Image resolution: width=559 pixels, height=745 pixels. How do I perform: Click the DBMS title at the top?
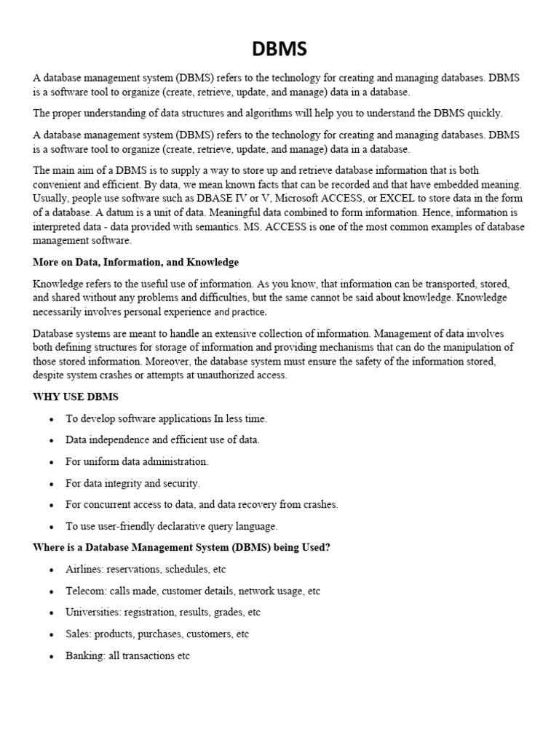(x=279, y=49)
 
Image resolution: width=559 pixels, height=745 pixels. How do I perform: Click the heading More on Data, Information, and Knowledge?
(x=135, y=262)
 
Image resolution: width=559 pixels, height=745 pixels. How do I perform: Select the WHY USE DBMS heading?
(x=76, y=397)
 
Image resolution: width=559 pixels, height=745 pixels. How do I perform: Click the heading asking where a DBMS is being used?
(x=181, y=547)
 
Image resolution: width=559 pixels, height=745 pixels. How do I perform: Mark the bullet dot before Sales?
(x=51, y=634)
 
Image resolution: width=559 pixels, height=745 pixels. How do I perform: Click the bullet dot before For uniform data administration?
(x=51, y=462)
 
